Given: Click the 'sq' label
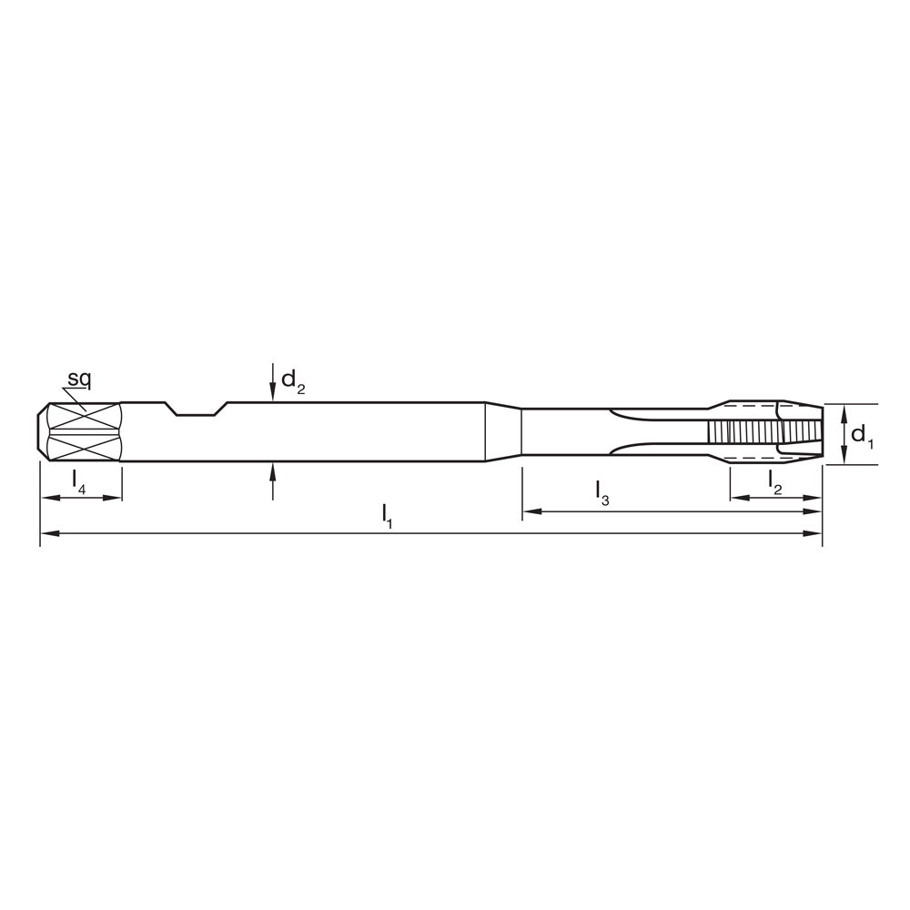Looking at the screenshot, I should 79,379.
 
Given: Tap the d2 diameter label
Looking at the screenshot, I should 292,380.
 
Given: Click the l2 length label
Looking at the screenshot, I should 774,480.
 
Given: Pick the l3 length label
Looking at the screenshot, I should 602,492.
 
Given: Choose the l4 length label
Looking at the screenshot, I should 79,480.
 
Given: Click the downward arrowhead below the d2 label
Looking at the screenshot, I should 272,394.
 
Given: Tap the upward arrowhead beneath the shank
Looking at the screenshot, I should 272,470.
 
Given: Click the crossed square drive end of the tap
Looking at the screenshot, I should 82,432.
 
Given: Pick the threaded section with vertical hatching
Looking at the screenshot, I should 742,432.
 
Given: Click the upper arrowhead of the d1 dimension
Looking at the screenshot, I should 844,409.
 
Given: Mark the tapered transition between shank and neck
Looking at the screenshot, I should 503,432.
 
